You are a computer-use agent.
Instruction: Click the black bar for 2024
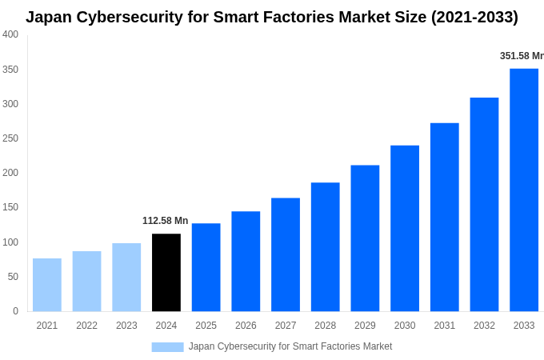[166, 272]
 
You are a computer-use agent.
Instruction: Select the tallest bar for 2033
[524, 190]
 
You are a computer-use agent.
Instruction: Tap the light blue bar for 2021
[47, 285]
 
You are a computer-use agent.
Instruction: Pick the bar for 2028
[326, 246]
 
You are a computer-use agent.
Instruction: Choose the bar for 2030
[405, 228]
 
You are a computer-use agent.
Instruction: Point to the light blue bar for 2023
[126, 277]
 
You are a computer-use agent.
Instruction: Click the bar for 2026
[246, 261]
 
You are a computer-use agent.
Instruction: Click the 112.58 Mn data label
[166, 221]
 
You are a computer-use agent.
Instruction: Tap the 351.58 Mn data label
[522, 56]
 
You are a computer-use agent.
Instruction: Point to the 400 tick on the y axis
[10, 34]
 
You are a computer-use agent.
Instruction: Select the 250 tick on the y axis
[10, 138]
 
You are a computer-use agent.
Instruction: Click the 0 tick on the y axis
[15, 311]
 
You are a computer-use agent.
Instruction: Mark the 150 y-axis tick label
[10, 207]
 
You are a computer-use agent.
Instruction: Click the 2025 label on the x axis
[206, 326]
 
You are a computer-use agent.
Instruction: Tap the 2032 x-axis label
[484, 326]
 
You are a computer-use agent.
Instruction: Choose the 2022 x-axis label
[86, 326]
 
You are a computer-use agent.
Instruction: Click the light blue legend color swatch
[167, 346]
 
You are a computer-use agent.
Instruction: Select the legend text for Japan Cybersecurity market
[290, 346]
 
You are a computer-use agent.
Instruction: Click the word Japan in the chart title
[49, 17]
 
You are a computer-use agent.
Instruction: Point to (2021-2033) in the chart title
[474, 17]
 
